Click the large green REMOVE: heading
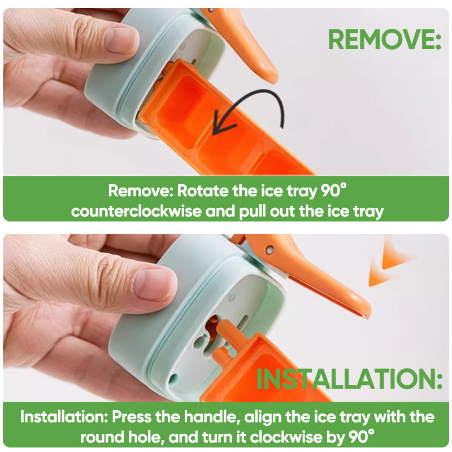pos(384,40)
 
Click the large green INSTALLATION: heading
pos(349,379)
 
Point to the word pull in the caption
pos(279,211)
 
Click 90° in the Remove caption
pos(333,190)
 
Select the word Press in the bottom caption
pos(134,417)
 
